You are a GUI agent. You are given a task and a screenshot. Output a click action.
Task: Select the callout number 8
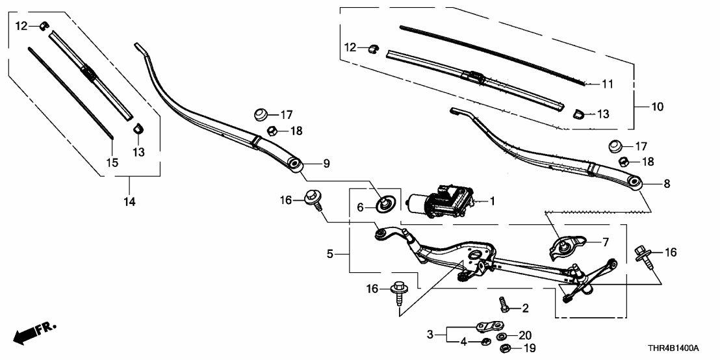666,184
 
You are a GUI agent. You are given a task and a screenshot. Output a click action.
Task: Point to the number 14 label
129,203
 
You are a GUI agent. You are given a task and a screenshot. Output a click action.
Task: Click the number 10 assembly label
658,107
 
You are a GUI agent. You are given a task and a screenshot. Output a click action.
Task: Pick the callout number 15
112,162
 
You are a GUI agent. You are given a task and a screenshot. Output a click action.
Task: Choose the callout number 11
608,84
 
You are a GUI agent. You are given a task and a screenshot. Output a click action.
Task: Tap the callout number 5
331,254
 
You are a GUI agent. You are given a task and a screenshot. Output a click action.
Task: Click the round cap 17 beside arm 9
261,116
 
